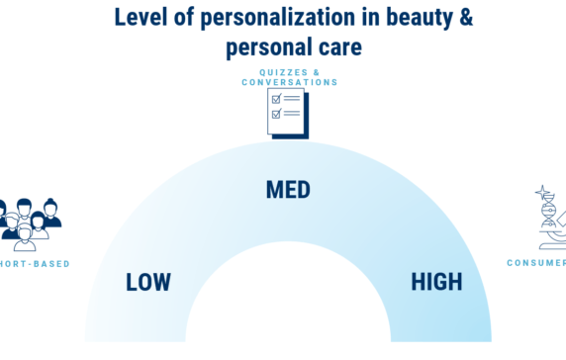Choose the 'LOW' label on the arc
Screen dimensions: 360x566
pos(148,282)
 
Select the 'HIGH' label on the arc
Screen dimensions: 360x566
pos(436,282)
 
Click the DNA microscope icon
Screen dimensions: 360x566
pos(549,218)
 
